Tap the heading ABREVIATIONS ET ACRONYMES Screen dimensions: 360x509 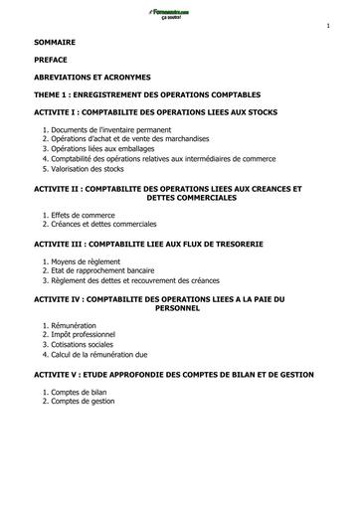(86, 80)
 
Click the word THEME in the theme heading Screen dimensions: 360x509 (47, 96)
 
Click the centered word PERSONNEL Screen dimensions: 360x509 (178, 307)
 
